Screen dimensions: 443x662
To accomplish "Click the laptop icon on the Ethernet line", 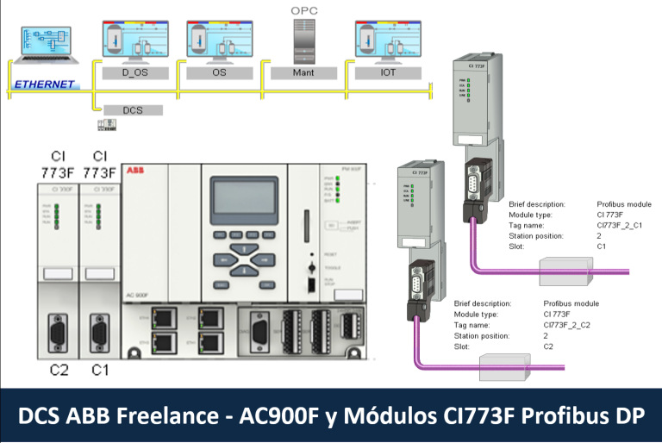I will point(48,46).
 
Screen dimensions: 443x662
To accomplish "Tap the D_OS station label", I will point(134,73).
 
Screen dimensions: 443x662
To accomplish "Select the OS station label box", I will point(219,73).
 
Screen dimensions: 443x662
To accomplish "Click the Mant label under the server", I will point(303,73).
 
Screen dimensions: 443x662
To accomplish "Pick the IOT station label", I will point(388,73).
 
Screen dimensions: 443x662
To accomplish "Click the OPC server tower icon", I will point(303,40).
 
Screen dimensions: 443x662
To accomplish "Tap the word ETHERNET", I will point(44,84).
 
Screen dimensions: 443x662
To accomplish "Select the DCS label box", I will point(133,110).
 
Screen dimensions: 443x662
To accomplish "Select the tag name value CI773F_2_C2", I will point(567,325).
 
